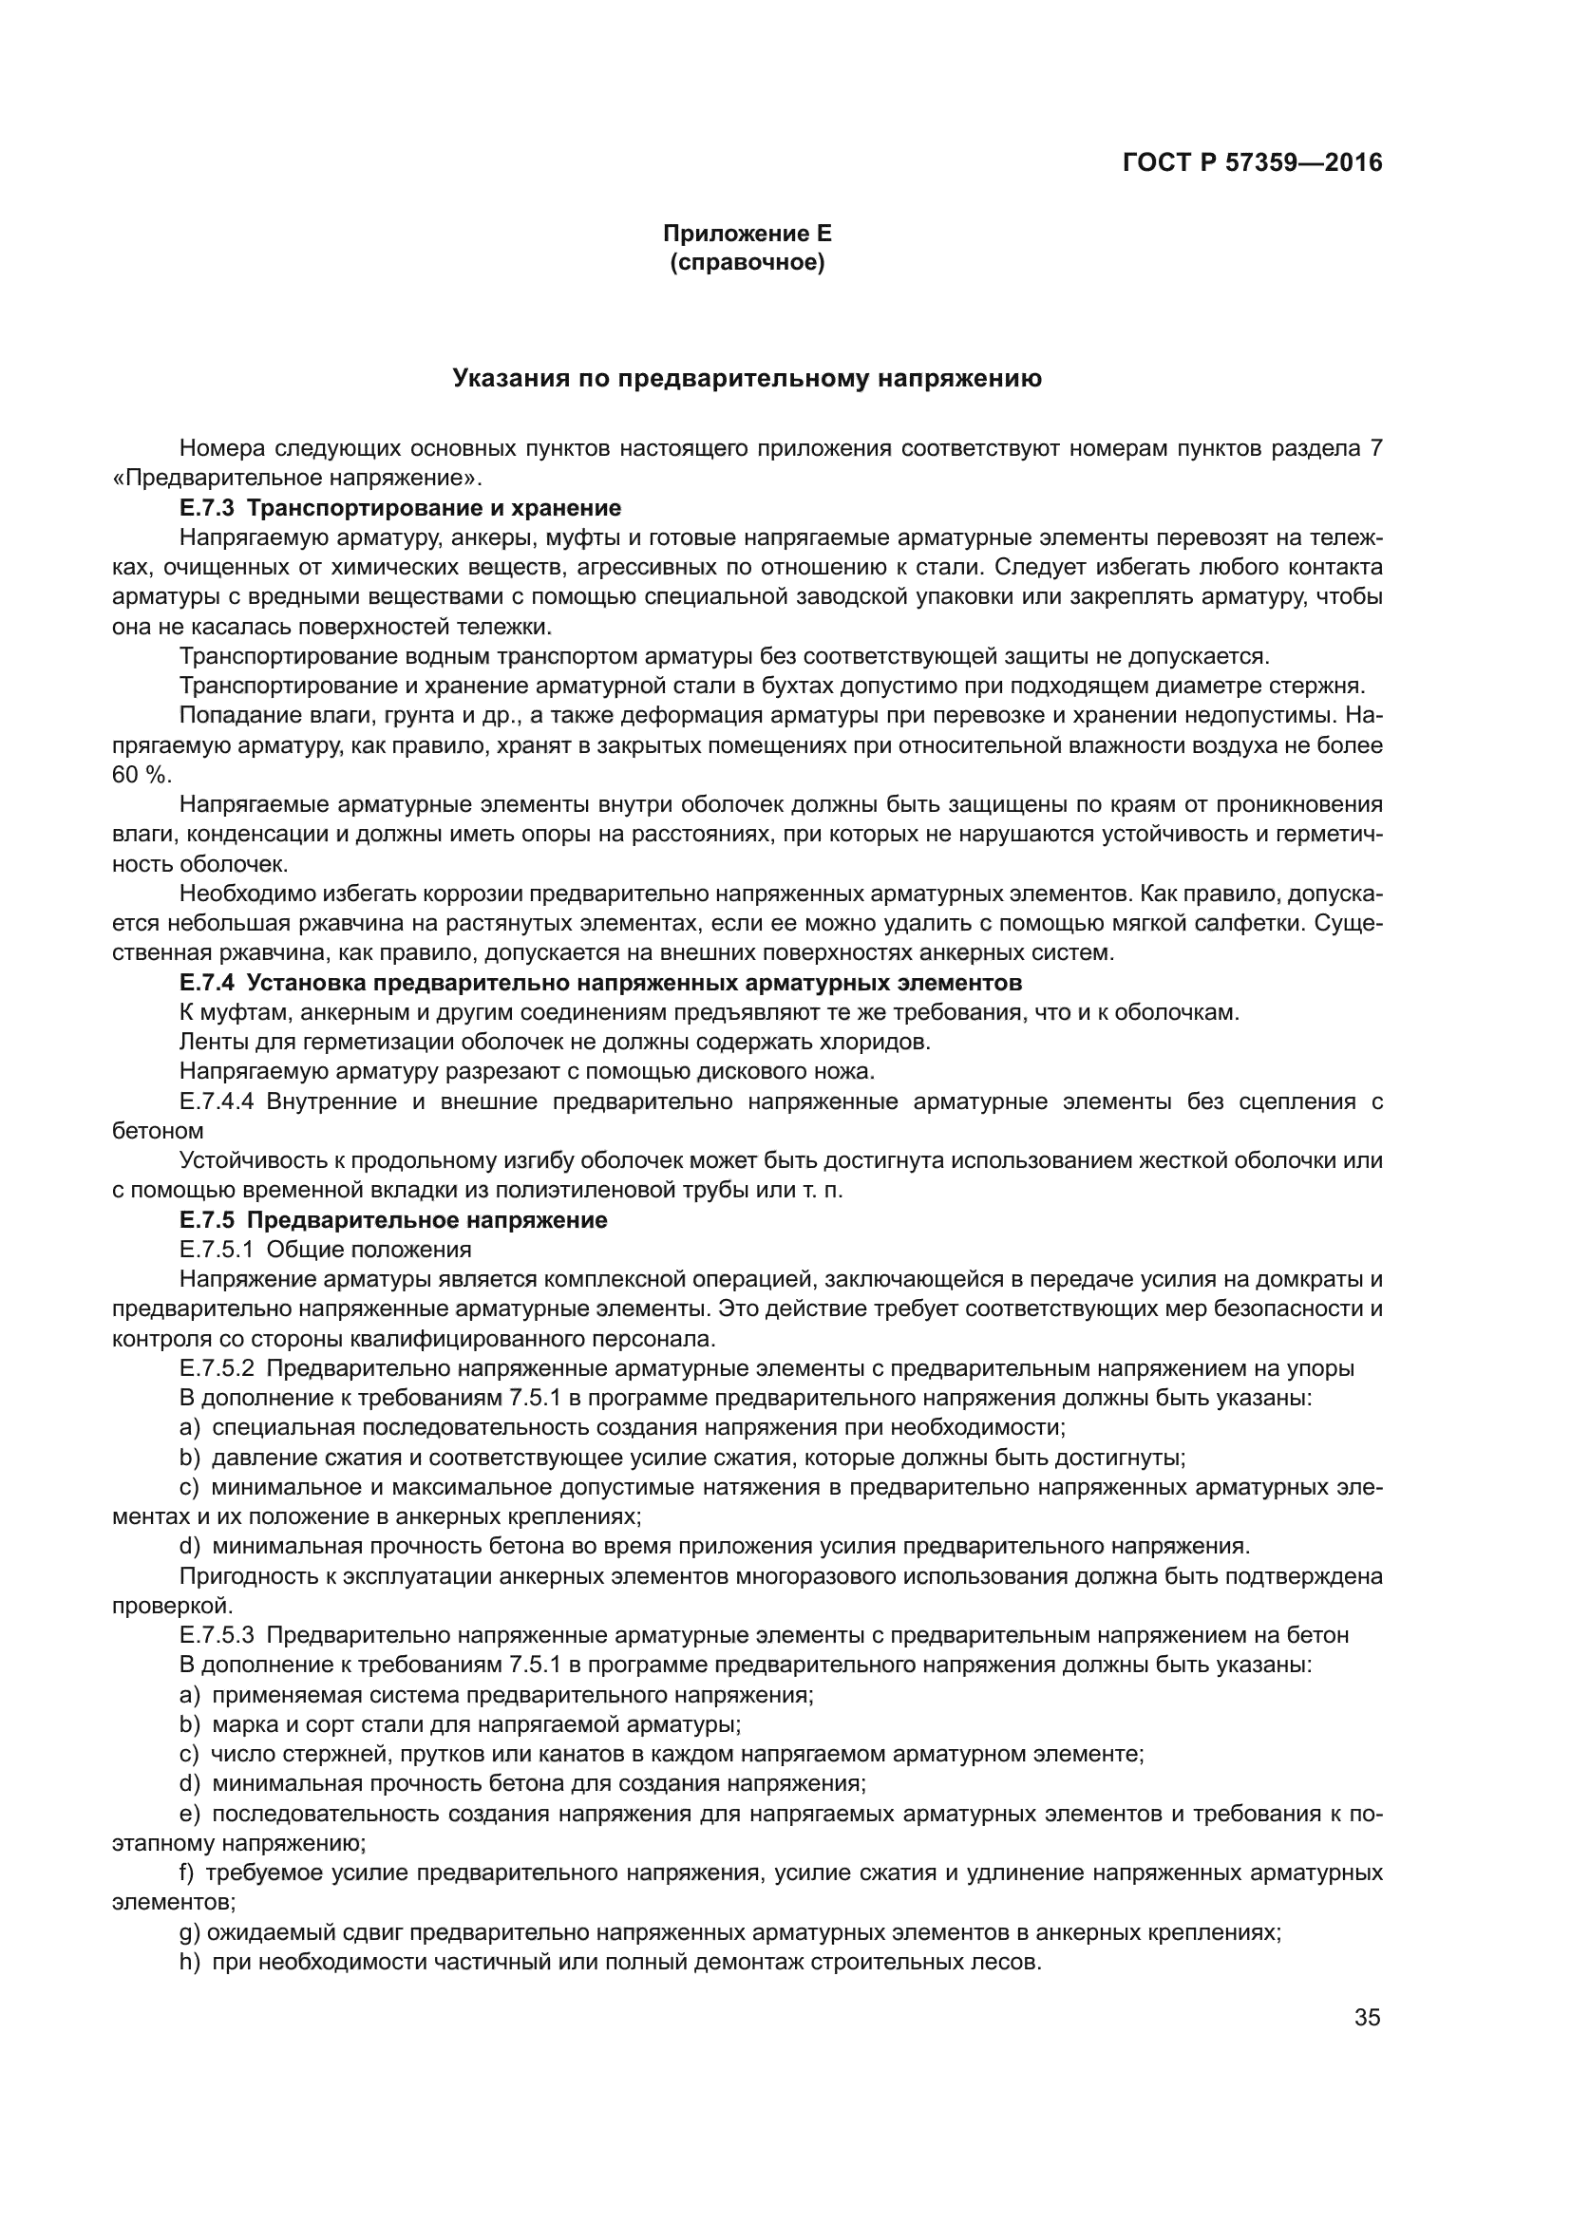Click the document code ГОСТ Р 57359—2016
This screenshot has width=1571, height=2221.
(1252, 162)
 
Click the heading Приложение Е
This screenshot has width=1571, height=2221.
(747, 234)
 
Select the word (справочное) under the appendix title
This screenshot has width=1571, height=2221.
(747, 262)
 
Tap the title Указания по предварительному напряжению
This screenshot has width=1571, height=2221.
(747, 379)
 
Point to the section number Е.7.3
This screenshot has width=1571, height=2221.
(207, 508)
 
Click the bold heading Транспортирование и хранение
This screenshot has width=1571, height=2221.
(434, 508)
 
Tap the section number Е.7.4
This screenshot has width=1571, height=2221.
(207, 984)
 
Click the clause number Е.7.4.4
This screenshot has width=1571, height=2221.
(217, 1101)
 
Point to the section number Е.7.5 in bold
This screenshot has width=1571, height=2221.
(207, 1221)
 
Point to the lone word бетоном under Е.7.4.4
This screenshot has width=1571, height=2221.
(158, 1131)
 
